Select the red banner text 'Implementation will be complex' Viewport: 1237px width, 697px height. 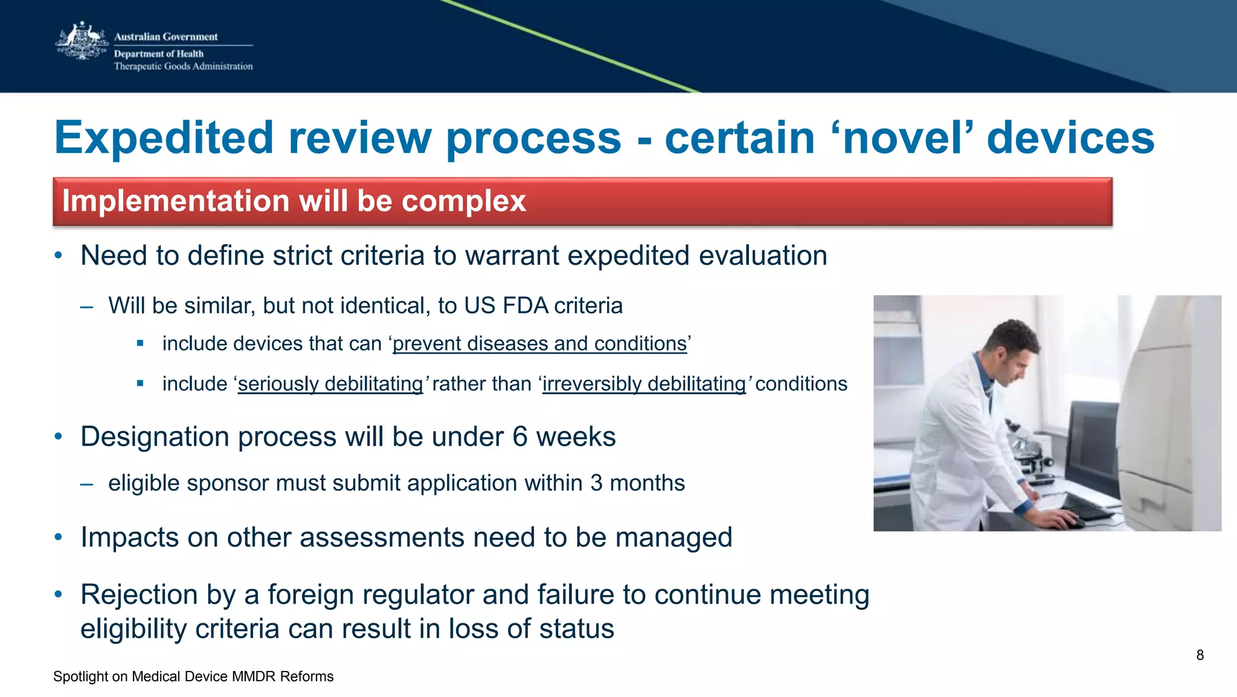294,201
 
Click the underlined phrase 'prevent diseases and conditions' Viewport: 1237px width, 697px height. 539,343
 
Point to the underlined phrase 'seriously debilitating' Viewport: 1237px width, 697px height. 330,384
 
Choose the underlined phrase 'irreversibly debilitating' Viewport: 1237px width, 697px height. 644,384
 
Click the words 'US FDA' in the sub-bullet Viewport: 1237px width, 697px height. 506,305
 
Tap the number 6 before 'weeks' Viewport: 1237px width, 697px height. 519,436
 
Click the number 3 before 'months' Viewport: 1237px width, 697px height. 596,483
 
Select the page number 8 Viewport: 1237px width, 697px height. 1200,655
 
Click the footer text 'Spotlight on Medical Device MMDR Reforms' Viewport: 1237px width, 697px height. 193,676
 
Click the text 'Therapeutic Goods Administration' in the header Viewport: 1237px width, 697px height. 183,66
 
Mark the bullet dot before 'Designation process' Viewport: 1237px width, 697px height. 59,436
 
